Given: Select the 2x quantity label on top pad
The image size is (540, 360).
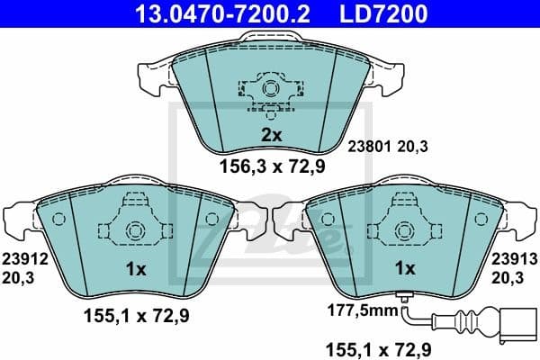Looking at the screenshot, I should [271, 135].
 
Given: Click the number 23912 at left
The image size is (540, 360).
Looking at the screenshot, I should [22, 259].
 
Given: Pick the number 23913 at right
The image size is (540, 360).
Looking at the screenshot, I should [515, 259].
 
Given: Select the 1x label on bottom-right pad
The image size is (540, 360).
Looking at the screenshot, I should [405, 268].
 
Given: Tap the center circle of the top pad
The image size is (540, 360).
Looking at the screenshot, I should [270, 88].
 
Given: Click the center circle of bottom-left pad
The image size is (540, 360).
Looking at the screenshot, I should [134, 230].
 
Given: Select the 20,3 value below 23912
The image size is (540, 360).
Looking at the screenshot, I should [22, 279].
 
